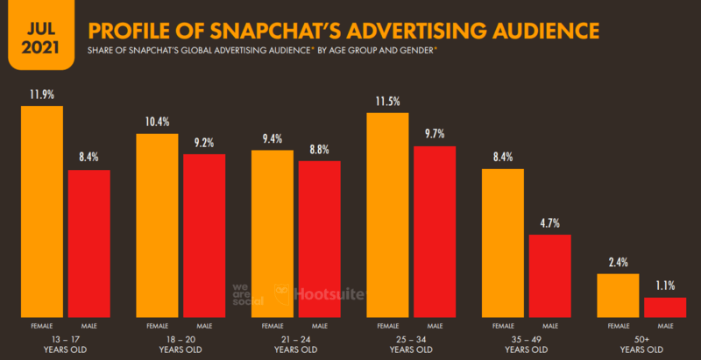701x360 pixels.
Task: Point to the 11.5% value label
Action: tap(387, 102)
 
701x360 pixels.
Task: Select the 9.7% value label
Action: tap(434, 134)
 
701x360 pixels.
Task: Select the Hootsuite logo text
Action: tap(328, 295)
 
